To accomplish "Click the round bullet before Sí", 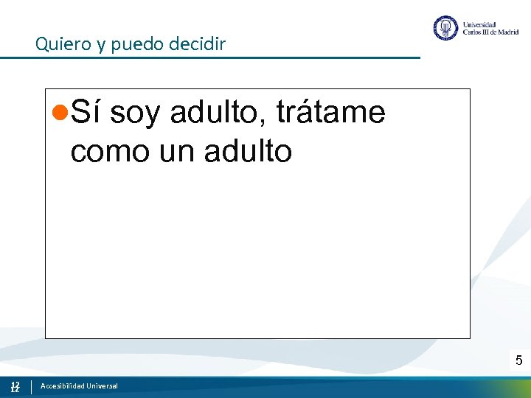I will [63, 114].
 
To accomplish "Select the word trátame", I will [330, 113].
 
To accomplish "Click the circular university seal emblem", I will [445, 28].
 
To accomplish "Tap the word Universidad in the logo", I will [479, 24].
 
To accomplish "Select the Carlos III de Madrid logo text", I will [490, 32].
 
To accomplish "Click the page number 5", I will [518, 360].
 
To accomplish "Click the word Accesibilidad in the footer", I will [62, 386].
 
